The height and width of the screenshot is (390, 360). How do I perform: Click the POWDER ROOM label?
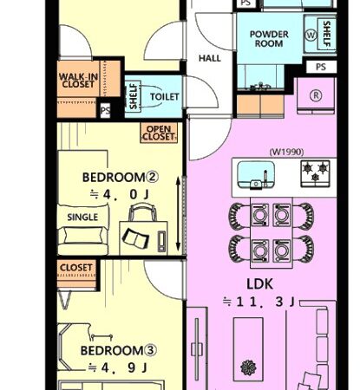tap(269, 39)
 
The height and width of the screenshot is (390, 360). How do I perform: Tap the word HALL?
tap(210, 58)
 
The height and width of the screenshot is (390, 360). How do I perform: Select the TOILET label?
tap(165, 96)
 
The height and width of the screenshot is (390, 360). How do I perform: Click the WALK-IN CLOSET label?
tap(78, 81)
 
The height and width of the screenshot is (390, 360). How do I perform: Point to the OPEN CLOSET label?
tap(159, 133)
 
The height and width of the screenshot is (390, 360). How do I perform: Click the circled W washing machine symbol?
tap(311, 36)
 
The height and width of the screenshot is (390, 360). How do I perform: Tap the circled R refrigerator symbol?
tap(316, 95)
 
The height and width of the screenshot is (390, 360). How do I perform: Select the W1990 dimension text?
tap(286, 152)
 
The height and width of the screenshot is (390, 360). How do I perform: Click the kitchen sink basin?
tap(256, 175)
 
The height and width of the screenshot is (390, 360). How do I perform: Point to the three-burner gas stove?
tap(315, 173)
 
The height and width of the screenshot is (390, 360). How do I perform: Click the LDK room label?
tap(259, 284)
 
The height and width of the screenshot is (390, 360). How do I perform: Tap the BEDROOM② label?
tap(121, 177)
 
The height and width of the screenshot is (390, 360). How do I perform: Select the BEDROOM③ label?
tap(119, 350)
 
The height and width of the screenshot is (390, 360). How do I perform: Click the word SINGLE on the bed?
tap(82, 218)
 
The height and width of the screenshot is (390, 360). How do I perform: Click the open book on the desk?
tap(135, 238)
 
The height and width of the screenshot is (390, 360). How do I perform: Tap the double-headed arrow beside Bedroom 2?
tap(178, 214)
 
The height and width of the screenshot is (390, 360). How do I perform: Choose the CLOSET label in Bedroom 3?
tap(76, 268)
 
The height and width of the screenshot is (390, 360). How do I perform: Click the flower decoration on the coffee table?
tap(248, 367)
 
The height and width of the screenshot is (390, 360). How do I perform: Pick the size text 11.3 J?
tap(259, 302)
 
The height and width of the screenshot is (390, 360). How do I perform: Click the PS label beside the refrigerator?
tap(321, 67)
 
